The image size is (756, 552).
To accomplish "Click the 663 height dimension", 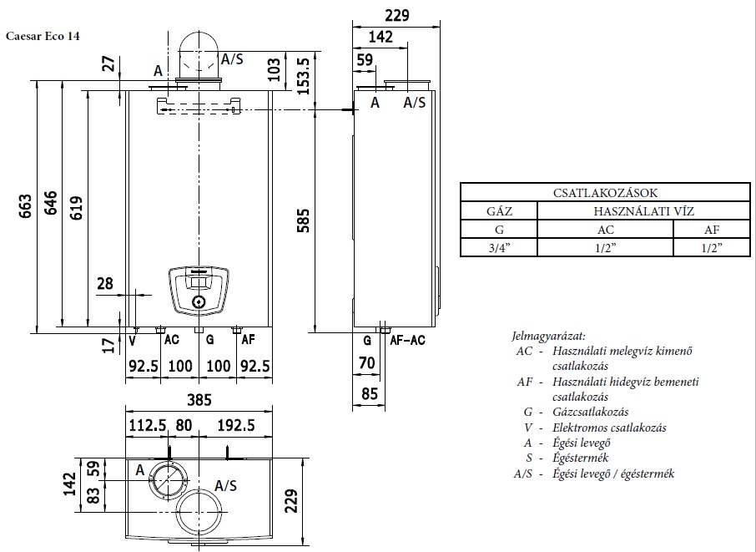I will pyautogui.click(x=24, y=206).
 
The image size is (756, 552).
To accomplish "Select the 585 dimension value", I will pyautogui.click(x=304, y=220).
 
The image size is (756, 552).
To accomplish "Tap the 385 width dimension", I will pyautogui.click(x=198, y=399).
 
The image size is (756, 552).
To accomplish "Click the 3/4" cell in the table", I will pyautogui.click(x=499, y=247).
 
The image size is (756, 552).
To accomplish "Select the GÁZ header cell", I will pyautogui.click(x=499, y=211).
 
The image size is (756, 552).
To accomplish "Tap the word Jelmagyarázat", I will pyautogui.click(x=548, y=336).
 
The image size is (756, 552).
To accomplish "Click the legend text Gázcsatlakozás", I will pyautogui.click(x=590, y=412).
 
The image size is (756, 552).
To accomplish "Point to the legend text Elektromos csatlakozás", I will pyautogui.click(x=608, y=428).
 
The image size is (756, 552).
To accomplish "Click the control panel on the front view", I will pyautogui.click(x=199, y=288).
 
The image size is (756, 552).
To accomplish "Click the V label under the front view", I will pyautogui.click(x=133, y=340).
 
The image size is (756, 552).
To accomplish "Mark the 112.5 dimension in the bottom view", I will pyautogui.click(x=145, y=425).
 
